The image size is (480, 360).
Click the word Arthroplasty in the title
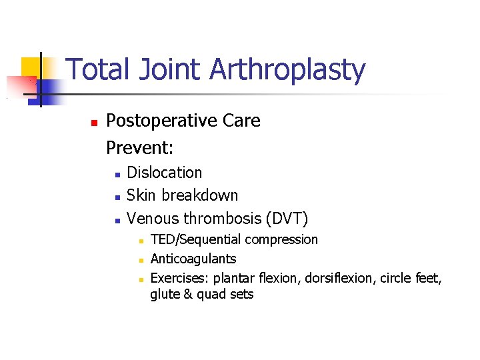288,71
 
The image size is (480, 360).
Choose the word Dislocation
164,172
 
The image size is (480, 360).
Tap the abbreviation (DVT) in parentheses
287,218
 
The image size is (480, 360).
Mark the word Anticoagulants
193,259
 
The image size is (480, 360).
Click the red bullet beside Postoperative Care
94,123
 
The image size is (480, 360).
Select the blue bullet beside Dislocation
117,174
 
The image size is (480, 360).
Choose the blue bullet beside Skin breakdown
117,197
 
